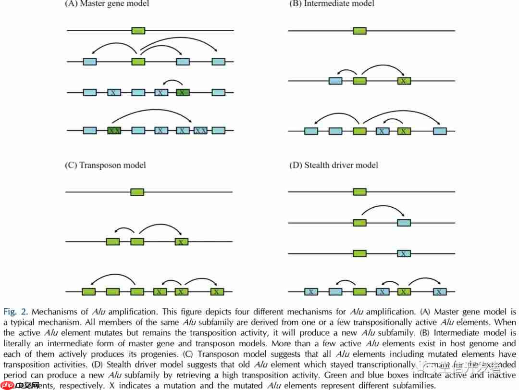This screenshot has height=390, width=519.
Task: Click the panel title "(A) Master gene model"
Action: [x=107, y=4]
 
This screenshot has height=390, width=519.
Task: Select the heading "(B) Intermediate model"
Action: [x=332, y=4]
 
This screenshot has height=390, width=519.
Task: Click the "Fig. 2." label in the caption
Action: [x=16, y=312]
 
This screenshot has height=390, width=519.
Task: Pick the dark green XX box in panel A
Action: [x=114, y=130]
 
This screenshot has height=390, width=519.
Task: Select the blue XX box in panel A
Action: [x=200, y=130]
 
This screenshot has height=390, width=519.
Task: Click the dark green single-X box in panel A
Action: [x=183, y=92]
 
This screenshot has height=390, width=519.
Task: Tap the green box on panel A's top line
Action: [x=138, y=31]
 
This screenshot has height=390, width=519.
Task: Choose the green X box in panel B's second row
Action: [x=404, y=81]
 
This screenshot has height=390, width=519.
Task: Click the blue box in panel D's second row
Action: [x=404, y=223]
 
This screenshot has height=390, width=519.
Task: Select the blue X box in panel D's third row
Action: [x=404, y=253]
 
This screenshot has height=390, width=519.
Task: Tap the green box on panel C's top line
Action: [x=137, y=192]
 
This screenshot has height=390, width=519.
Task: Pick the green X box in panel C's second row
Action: [x=182, y=242]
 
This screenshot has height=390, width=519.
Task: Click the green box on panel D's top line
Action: [x=359, y=192]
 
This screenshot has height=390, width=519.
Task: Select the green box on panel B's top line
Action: [x=359, y=31]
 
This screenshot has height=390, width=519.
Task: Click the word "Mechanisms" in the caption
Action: [x=54, y=312]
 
